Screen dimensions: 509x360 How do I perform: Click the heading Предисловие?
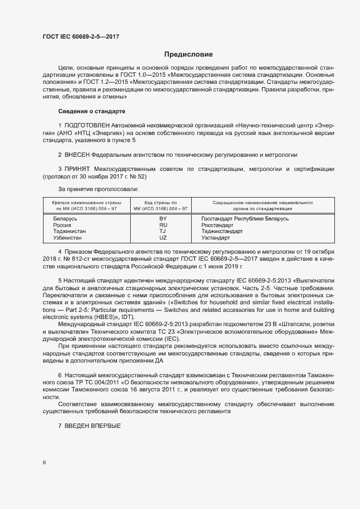tap(188, 54)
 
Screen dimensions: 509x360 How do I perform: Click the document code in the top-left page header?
tap(81, 37)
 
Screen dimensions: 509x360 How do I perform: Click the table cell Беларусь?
tap(65, 218)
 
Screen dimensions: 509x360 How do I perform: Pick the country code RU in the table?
tap(163, 225)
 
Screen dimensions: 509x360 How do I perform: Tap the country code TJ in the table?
tap(163, 231)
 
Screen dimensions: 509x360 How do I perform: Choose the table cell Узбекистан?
tap(68, 238)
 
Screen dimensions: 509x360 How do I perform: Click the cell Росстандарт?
tap(217, 225)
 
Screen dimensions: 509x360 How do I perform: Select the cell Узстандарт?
tap(216, 238)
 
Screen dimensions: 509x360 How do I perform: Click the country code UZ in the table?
tap(163, 238)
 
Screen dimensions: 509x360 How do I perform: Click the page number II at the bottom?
tap(44, 462)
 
